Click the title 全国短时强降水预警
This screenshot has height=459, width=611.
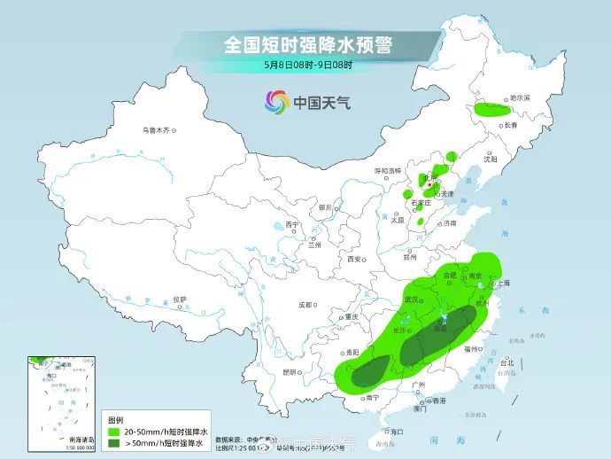click(307, 43)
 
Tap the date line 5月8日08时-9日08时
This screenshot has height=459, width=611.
click(307, 65)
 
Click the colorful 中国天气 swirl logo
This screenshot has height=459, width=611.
click(277, 102)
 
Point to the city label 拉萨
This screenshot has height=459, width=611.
click(180, 300)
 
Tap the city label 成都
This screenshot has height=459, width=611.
click(305, 305)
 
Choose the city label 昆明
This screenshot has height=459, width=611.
click(289, 371)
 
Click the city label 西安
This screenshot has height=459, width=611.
click(354, 260)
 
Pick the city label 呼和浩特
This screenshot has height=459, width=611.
click(387, 170)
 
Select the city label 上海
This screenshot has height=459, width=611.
click(503, 284)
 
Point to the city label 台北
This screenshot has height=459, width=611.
click(507, 363)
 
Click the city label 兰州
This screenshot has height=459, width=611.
click(314, 245)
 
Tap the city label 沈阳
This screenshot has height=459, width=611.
click(491, 159)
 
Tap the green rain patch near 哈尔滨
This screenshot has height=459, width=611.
click(492, 111)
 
